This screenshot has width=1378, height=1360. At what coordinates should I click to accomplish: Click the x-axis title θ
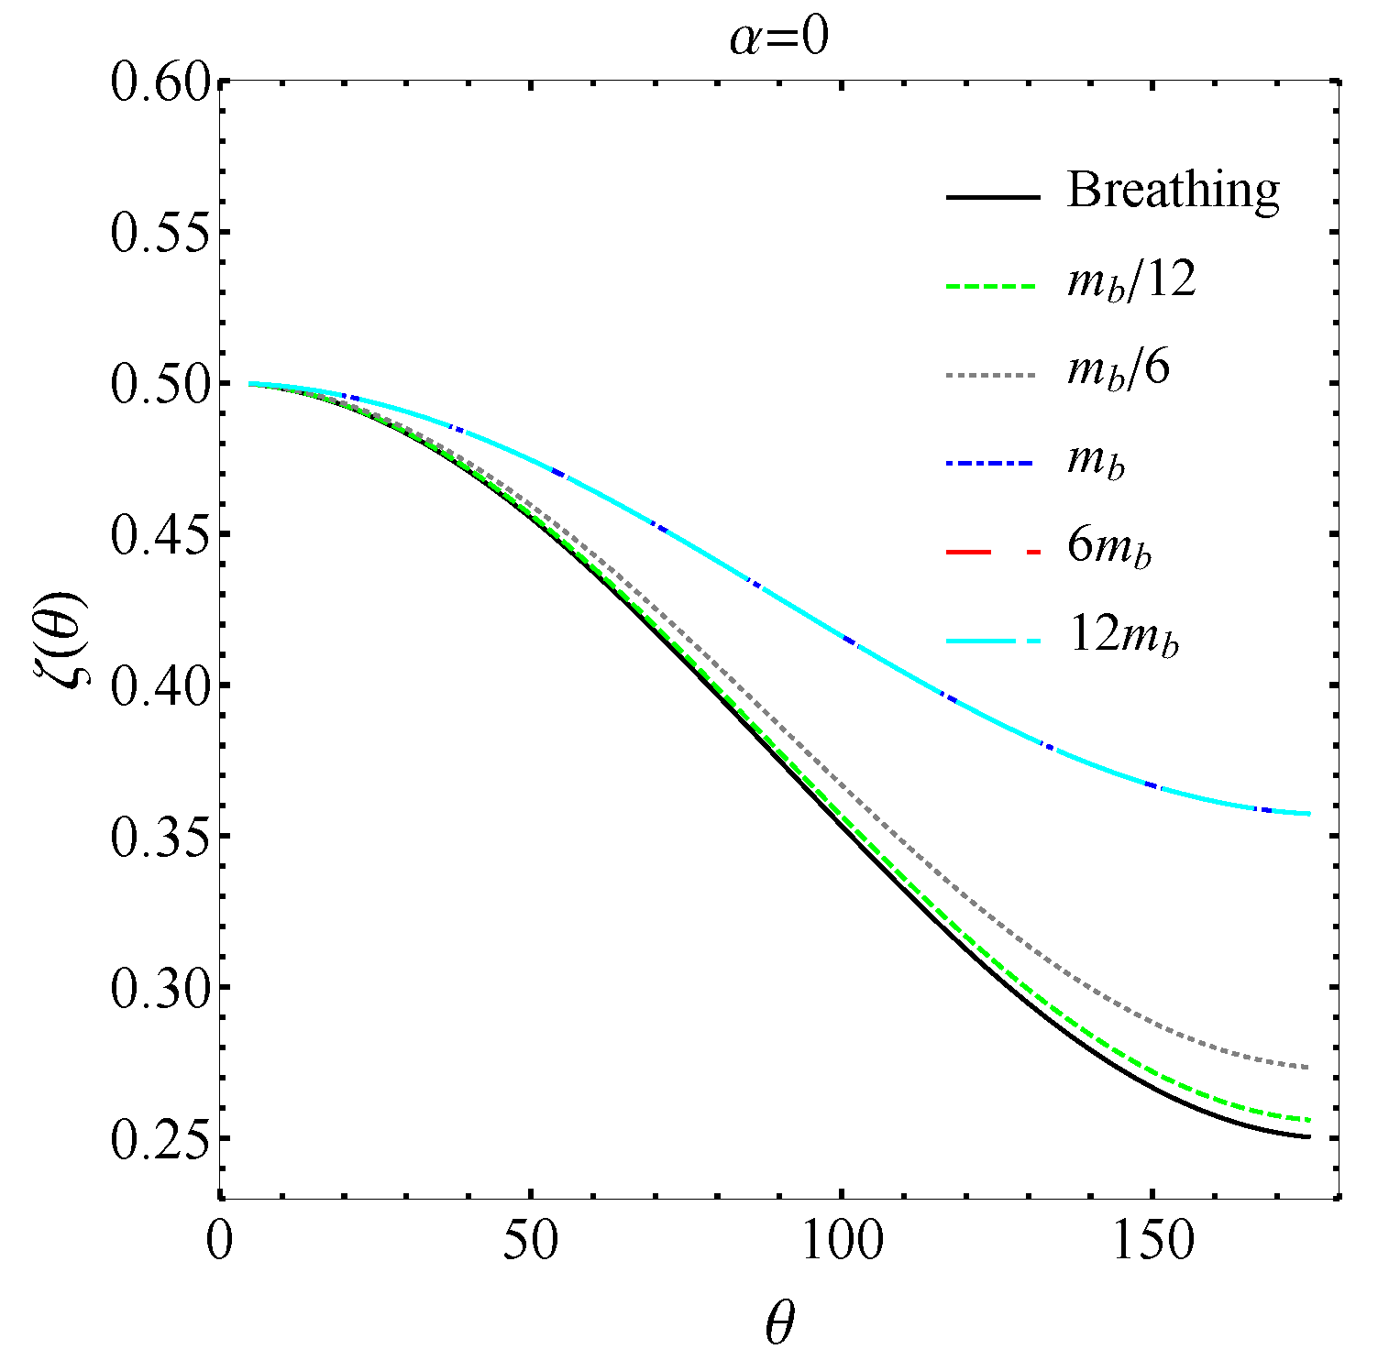[x=779, y=1323]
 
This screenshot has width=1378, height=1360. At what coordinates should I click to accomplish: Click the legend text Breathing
[x=1173, y=191]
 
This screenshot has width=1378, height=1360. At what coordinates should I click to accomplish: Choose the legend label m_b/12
[x=1131, y=280]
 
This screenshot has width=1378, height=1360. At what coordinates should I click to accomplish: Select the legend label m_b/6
[x=1119, y=369]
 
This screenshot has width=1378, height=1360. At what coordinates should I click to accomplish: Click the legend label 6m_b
[x=1108, y=548]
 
